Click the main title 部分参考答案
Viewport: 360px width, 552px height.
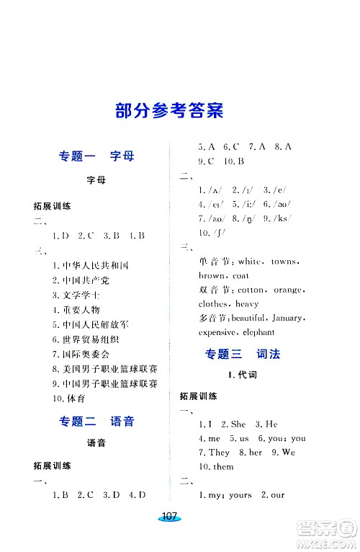169,112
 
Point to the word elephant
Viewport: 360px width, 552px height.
258,332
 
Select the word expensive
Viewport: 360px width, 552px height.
217,332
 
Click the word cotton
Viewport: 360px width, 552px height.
251,290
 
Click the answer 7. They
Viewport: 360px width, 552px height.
214,452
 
